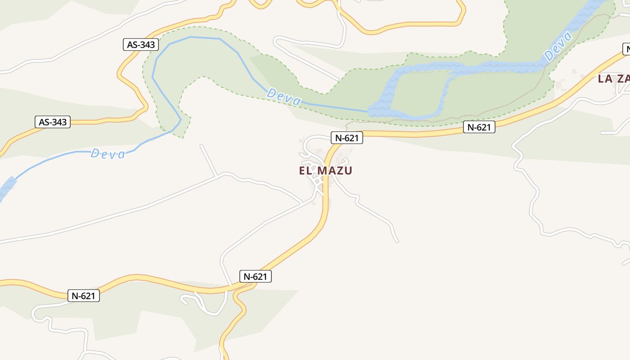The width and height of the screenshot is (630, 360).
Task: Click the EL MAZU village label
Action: tap(325, 171)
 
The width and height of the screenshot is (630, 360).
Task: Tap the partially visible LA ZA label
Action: tap(613, 79)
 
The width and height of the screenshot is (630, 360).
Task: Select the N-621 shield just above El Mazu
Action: tap(346, 138)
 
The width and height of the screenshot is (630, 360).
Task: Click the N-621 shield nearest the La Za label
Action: tap(479, 127)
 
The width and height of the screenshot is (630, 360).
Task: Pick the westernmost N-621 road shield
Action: tap(84, 296)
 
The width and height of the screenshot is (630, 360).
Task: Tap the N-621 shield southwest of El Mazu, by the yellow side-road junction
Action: tap(256, 276)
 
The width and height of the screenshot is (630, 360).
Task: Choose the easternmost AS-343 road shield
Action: tap(141, 45)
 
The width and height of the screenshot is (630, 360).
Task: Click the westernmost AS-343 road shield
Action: tap(53, 122)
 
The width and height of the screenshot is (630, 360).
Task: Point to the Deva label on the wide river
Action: tap(558, 47)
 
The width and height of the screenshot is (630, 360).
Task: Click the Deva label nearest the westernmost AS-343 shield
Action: tap(108, 154)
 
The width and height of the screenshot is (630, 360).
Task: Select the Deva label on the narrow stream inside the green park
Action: tap(284, 97)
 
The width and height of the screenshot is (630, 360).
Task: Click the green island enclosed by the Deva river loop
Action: tap(418, 92)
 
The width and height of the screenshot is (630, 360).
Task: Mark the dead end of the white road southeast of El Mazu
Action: tap(397, 241)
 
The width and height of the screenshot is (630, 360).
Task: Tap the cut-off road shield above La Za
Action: tap(626, 49)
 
